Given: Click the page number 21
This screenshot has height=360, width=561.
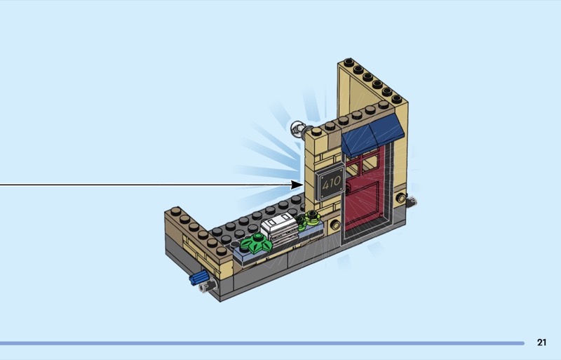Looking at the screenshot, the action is pos(541,342).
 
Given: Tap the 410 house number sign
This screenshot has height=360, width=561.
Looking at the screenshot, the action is pos(330,185).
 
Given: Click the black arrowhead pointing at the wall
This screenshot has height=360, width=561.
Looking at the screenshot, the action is pos(297,185).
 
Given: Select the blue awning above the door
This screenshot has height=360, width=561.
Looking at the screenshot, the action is pos(372,135).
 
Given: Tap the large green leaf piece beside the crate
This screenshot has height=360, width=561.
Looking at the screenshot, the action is pos(256,244).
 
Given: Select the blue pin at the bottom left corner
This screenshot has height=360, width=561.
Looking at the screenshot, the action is pos(198,278).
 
